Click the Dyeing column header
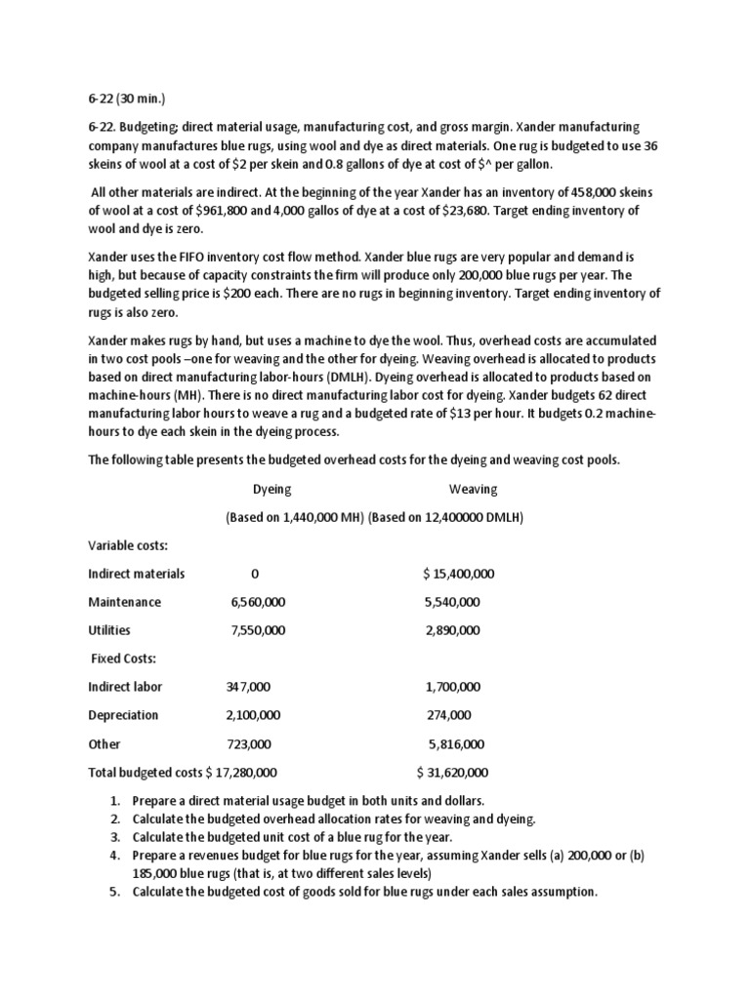(271, 489)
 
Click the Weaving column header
(473, 489)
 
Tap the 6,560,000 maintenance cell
(258, 602)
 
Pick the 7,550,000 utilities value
(258, 630)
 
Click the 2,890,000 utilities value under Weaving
(452, 630)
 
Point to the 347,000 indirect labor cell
(248, 687)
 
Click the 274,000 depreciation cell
(449, 715)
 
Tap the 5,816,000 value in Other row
(456, 743)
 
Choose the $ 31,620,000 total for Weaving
(451, 773)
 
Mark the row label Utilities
(109, 630)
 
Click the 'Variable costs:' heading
(128, 545)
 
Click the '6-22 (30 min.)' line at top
(129, 100)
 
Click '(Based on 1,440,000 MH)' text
(295, 517)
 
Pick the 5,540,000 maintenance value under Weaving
(452, 602)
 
